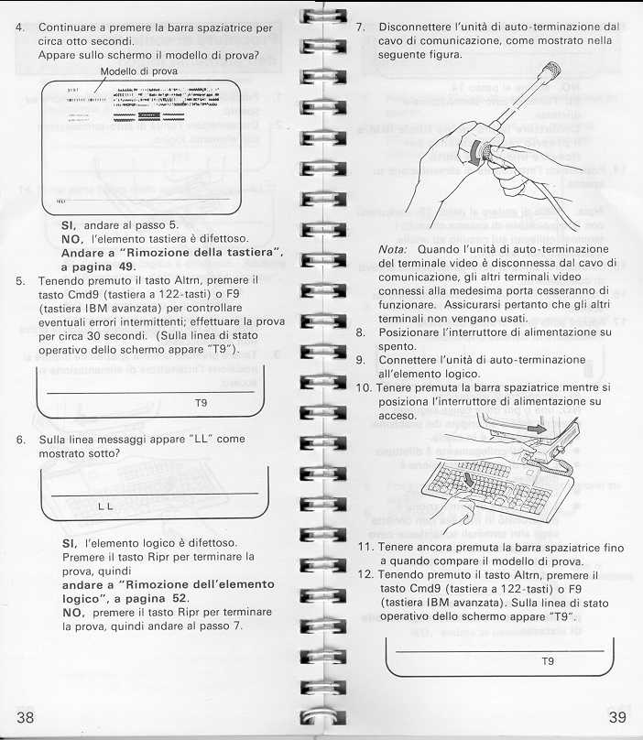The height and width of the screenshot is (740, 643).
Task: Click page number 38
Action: [26, 716]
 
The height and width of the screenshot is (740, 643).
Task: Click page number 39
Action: [616, 716]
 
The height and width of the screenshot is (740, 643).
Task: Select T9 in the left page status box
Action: [202, 401]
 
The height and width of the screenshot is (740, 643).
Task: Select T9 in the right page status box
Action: [548, 659]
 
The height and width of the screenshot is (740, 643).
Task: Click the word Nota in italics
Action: [393, 249]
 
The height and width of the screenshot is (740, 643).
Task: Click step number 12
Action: [363, 574]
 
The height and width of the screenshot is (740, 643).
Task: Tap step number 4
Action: [19, 27]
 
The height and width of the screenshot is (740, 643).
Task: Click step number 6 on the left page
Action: [19, 439]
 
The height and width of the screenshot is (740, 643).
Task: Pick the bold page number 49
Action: [125, 266]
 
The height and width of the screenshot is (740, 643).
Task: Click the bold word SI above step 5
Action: [68, 224]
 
